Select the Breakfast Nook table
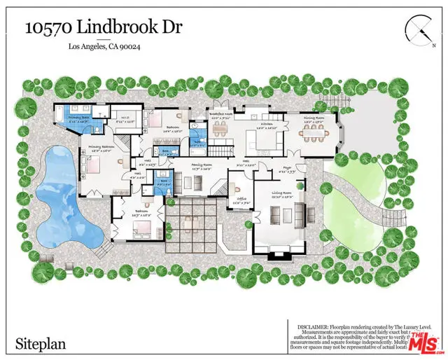[x=220, y=131]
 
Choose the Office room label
[x=242, y=201]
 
